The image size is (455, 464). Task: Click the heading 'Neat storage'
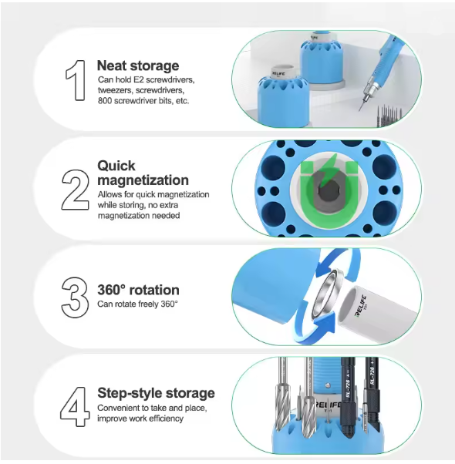(x=138, y=66)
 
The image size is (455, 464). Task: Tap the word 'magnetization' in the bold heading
(x=143, y=180)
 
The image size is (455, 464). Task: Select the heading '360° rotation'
(x=138, y=290)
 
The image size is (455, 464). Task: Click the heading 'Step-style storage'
(x=156, y=393)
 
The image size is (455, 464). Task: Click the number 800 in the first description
(x=105, y=101)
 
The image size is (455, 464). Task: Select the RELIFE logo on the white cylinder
(x=361, y=306)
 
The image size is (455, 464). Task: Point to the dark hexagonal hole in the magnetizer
(x=329, y=191)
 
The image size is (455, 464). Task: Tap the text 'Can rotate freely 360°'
(x=137, y=304)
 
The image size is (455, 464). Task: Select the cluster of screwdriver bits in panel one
(x=389, y=116)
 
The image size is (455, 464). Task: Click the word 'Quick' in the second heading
(x=116, y=166)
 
